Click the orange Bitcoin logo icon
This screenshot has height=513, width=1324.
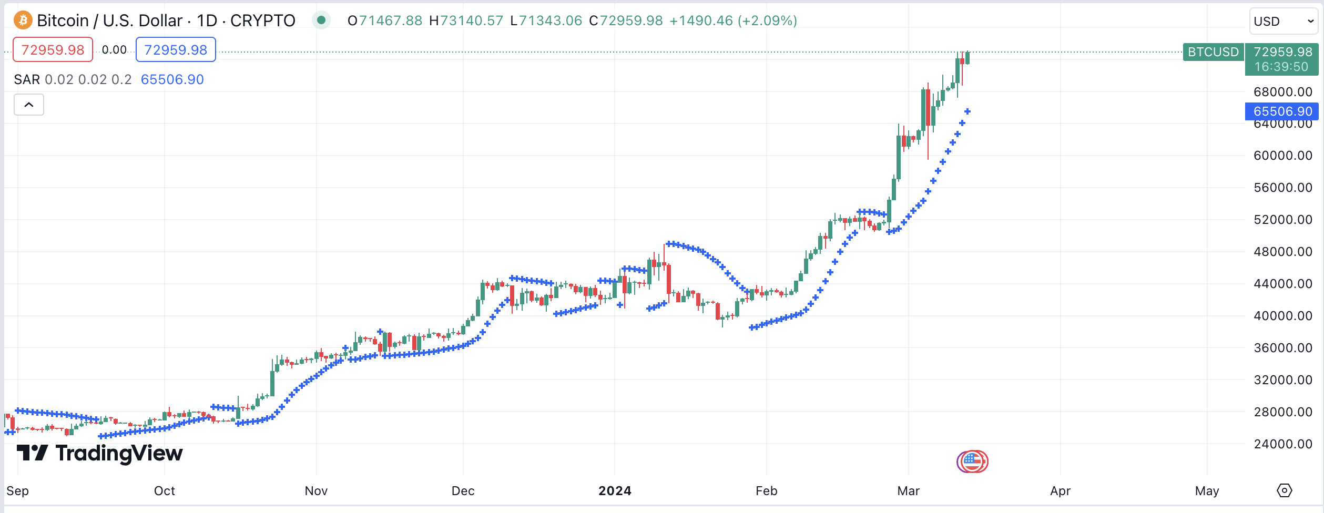23,20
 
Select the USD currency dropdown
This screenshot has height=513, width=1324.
1283,22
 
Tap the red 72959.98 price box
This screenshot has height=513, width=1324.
53,50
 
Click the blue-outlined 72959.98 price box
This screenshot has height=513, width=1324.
176,50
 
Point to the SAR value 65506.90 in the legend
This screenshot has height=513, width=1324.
172,79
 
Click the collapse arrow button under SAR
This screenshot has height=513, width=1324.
29,105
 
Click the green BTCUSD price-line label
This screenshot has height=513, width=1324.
1213,52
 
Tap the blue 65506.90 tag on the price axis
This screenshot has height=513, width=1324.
1282,111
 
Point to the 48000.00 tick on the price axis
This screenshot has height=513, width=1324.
1282,252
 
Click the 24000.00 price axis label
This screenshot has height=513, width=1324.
1282,444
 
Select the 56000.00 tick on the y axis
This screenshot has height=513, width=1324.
1282,188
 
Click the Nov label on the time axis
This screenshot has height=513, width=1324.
316,491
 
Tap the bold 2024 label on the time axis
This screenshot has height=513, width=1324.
615,491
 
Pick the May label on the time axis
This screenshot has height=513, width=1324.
1207,491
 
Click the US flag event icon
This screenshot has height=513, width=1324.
973,461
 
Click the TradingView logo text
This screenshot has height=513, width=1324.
119,453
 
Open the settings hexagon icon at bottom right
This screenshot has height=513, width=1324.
1284,490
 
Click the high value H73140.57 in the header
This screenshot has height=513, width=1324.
466,20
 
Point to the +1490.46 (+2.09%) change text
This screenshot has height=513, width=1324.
733,20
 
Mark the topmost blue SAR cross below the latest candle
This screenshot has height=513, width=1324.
967,111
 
